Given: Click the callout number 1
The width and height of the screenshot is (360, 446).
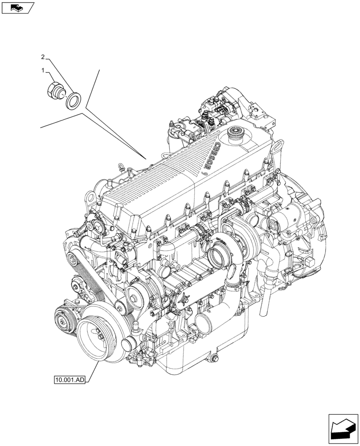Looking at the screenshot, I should [x=43, y=70].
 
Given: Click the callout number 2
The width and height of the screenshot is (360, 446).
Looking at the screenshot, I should [x=43, y=57].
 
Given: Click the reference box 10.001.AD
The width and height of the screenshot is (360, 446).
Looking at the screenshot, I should [x=69, y=380].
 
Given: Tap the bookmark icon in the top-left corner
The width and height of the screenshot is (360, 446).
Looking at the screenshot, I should [x=18, y=7].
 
